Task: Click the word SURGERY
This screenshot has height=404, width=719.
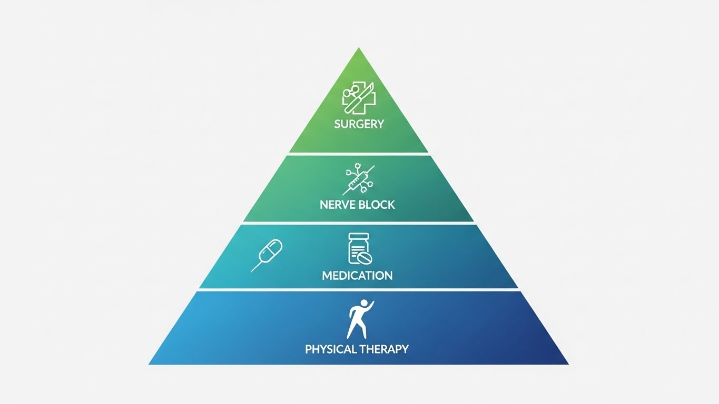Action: click(359, 124)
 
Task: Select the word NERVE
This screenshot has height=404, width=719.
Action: click(338, 205)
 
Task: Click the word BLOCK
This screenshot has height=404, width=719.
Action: click(377, 205)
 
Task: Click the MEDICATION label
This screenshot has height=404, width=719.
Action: click(357, 275)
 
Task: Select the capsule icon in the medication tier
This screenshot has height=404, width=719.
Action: click(267, 255)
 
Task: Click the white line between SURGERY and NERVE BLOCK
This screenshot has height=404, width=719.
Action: click(359, 154)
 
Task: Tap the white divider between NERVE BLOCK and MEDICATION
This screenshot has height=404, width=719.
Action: click(359, 223)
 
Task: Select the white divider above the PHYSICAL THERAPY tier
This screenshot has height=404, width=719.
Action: click(359, 290)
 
